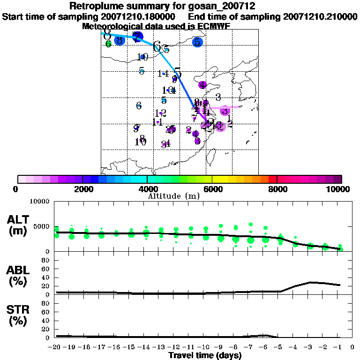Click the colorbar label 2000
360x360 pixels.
[82, 189]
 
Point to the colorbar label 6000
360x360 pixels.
[212, 189]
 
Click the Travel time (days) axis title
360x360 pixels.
[205, 355]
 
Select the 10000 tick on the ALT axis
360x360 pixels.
[39, 202]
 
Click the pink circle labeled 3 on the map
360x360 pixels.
[225, 111]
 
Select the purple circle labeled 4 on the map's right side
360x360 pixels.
[202, 85]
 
